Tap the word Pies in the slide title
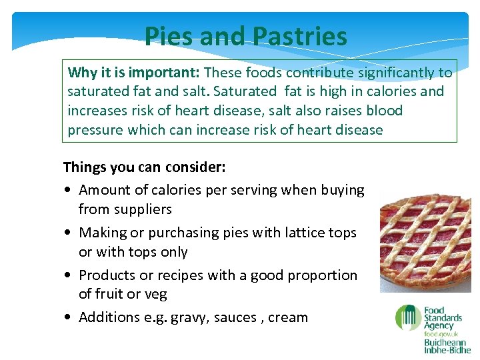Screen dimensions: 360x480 tap(170, 37)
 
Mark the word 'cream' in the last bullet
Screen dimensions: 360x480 tap(287, 318)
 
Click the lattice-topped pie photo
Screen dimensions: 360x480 tap(425, 239)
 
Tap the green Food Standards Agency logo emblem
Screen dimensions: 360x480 tap(407, 318)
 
